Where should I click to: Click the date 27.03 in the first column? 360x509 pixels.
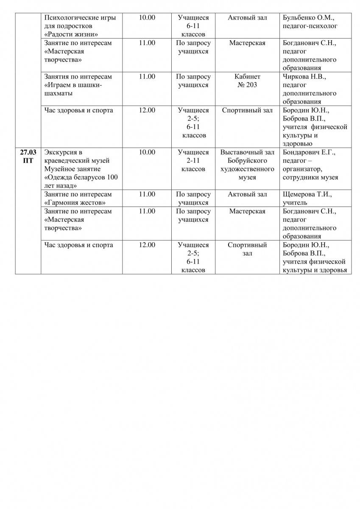[x=28, y=152]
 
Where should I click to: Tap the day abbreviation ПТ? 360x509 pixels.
[x=28, y=161]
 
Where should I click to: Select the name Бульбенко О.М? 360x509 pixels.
[x=308, y=18]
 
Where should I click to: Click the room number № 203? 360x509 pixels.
[x=247, y=85]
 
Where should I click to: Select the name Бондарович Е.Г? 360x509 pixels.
[x=309, y=152]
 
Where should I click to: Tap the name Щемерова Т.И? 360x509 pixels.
[x=307, y=194]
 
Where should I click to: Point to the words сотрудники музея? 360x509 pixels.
[x=310, y=177]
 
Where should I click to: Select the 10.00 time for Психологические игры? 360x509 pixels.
[x=147, y=18]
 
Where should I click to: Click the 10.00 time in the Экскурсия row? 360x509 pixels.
[x=147, y=152]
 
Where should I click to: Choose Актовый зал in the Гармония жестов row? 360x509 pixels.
[x=247, y=194]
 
